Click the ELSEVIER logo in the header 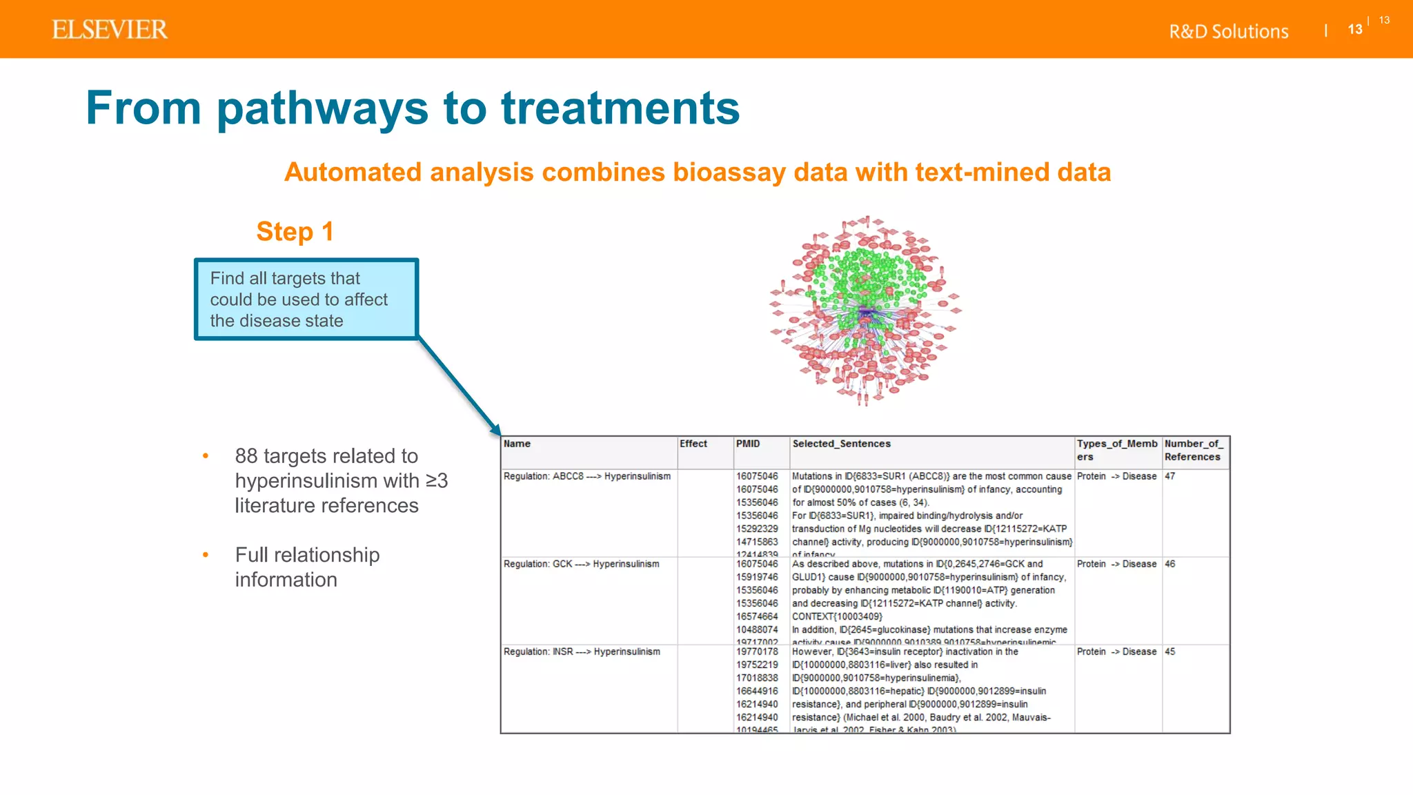pos(110,30)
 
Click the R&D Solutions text pos(1228,32)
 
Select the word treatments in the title pos(620,108)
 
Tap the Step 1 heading pos(295,232)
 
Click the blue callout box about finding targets pos(306,300)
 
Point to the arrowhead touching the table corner pos(495,429)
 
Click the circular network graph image pos(865,311)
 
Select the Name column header pos(517,444)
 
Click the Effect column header pos(693,444)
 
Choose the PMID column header pos(748,444)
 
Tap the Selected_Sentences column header pos(841,444)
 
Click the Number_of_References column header pos(1194,450)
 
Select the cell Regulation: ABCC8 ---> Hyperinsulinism pos(587,476)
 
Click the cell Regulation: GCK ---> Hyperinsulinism pos(581,564)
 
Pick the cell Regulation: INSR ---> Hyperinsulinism pos(582,651)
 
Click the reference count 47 pos(1170,476)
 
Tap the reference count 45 pos(1170,651)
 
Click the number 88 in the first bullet pos(246,456)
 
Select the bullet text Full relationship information pos(307,567)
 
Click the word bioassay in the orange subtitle pos(729,173)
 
